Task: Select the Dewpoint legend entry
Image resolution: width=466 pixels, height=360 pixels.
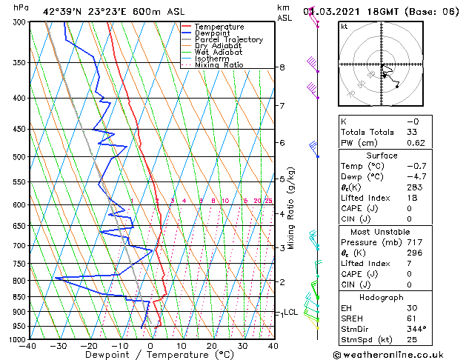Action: [x=214, y=33]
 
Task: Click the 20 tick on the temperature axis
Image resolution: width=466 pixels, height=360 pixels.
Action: [x=212, y=346]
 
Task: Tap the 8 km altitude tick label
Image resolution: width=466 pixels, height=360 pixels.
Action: [x=282, y=67]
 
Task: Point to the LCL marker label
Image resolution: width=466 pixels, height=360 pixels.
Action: [x=290, y=313]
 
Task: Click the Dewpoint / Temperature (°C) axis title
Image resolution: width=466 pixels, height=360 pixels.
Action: [x=151, y=355]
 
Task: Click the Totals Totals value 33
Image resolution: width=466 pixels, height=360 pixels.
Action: [x=412, y=132]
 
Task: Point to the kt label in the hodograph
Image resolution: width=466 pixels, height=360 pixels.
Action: [x=344, y=26]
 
